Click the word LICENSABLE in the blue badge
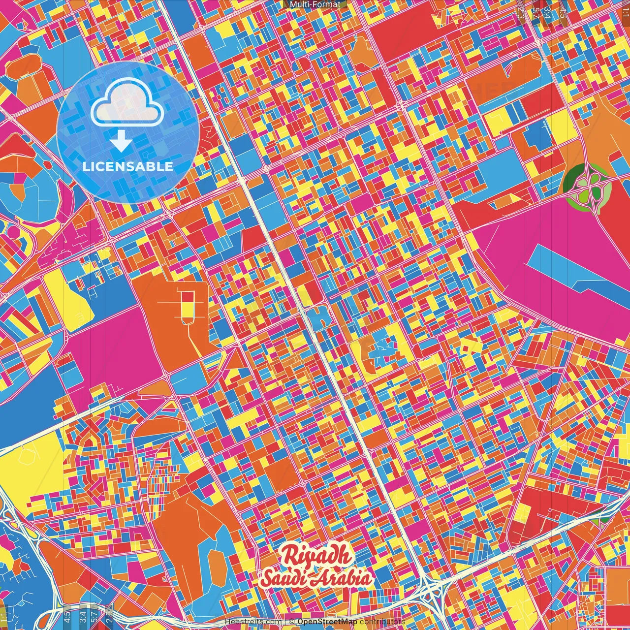(x=128, y=166)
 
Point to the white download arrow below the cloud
(x=121, y=142)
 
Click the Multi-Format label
(x=315, y=4)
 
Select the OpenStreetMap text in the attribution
(x=327, y=622)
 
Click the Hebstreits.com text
(x=253, y=622)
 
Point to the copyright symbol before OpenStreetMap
(x=291, y=622)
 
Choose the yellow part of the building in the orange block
(x=188, y=310)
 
